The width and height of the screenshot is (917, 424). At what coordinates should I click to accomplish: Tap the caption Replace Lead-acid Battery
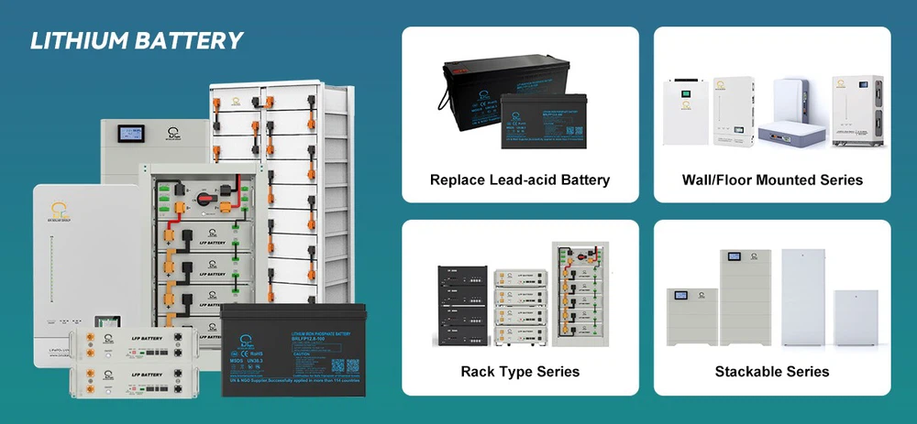[x=520, y=179]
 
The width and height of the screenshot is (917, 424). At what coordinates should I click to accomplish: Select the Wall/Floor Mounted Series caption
[x=771, y=179]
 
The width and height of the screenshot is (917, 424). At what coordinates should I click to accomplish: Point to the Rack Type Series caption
[x=520, y=372]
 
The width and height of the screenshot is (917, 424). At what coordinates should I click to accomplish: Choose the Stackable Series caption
[x=771, y=372]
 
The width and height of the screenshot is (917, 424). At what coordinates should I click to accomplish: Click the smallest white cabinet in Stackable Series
[x=855, y=316]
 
